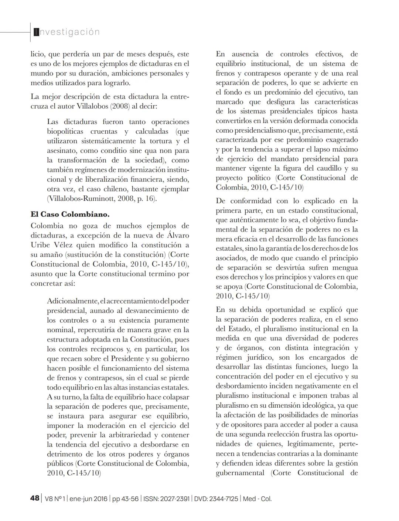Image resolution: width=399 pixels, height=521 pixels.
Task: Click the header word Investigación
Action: click(66, 32)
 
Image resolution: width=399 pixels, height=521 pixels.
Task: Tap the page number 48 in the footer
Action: click(35, 498)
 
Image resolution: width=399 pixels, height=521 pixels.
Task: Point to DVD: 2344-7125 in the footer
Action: click(216, 499)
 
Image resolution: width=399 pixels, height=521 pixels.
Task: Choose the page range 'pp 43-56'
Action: click(125, 499)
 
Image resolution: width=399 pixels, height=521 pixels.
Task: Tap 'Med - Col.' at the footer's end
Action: click(257, 499)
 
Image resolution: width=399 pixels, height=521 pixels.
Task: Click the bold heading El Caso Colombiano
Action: click(70, 214)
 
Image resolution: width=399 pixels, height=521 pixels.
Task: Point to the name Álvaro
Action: click(176, 236)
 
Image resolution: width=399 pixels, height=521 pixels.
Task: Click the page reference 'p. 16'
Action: click(147, 199)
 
